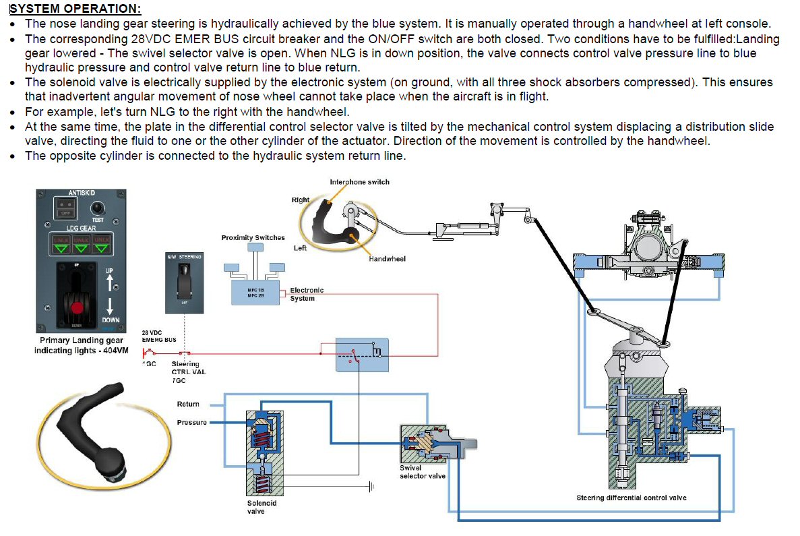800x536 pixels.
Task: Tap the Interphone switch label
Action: [x=359, y=182]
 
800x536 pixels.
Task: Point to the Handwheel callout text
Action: [x=387, y=259]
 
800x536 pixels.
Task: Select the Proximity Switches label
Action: [x=253, y=237]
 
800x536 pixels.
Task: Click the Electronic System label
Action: [x=307, y=294]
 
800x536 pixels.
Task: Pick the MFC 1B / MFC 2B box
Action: [x=255, y=293]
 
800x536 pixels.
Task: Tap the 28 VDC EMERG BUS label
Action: [x=158, y=336]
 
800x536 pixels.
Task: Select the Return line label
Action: [x=188, y=404]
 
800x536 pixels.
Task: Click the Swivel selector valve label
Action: [x=422, y=471]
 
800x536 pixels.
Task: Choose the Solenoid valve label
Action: [x=261, y=507]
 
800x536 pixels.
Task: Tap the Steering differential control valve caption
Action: [x=631, y=498]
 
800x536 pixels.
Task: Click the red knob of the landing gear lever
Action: [x=77, y=307]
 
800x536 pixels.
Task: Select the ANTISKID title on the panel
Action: [x=82, y=193]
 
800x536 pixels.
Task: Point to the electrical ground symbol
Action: [x=370, y=485]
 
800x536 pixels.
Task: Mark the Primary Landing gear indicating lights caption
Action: [x=78, y=345]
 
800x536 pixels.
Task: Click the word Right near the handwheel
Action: [x=300, y=200]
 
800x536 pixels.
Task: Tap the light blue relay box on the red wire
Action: [x=362, y=354]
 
